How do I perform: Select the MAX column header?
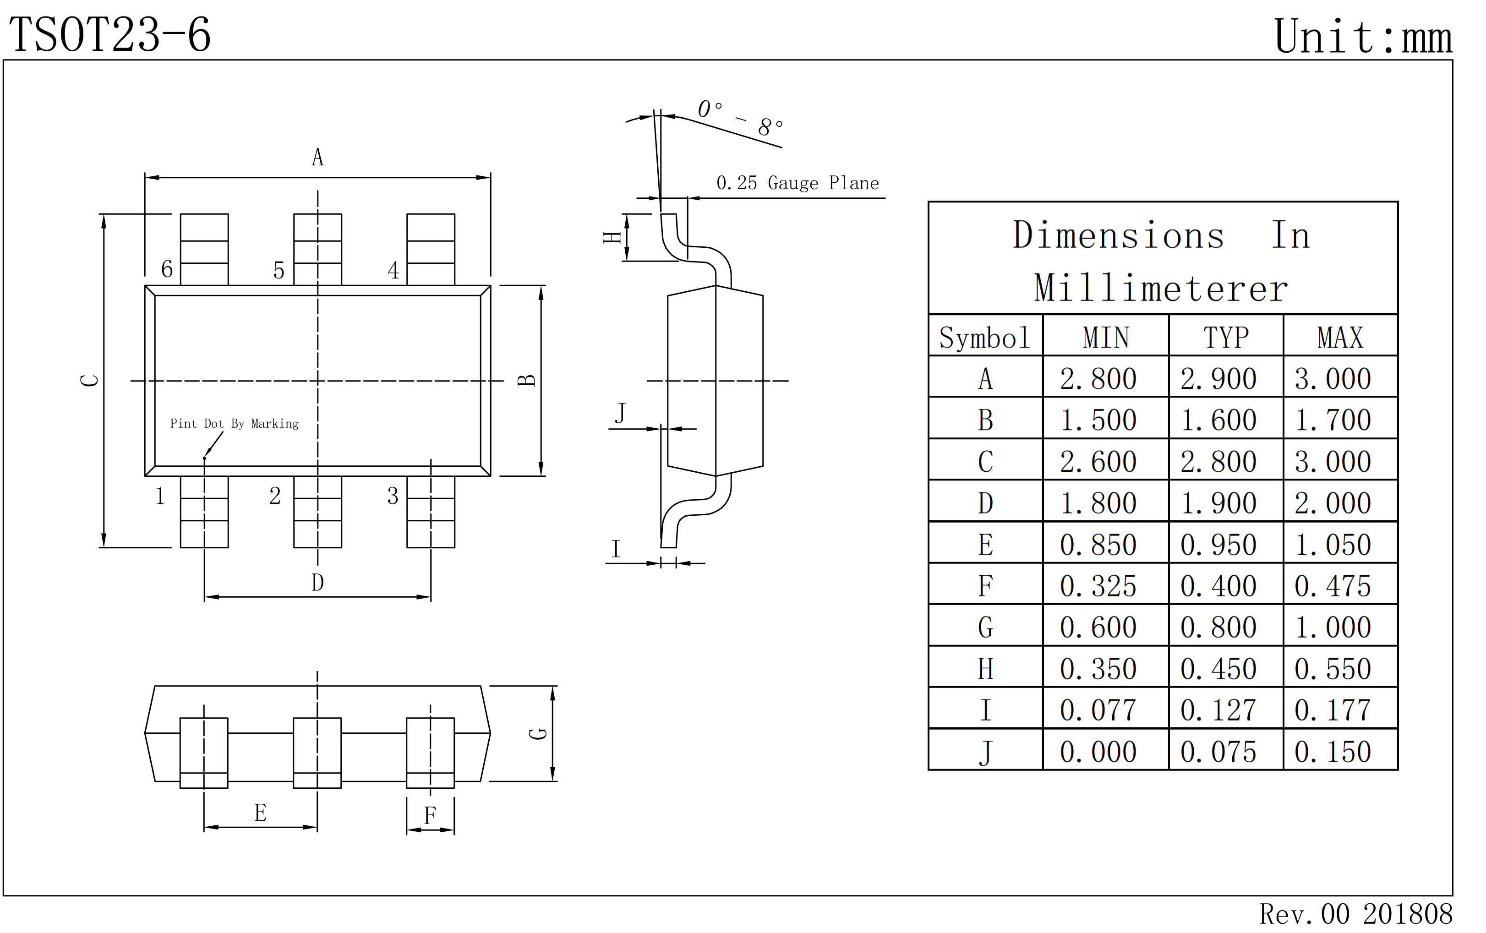1340,338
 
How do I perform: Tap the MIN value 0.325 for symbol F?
1098,586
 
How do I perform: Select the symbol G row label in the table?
985,627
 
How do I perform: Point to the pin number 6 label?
167,269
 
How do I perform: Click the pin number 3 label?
393,496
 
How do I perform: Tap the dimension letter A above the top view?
317,158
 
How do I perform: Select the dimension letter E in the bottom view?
261,813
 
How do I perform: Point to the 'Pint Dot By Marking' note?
235,423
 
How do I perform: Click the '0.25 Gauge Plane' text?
798,183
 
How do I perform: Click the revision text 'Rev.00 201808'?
1356,914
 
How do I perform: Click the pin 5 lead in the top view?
317,249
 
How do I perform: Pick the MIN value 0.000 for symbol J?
1098,752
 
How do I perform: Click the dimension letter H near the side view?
612,238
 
